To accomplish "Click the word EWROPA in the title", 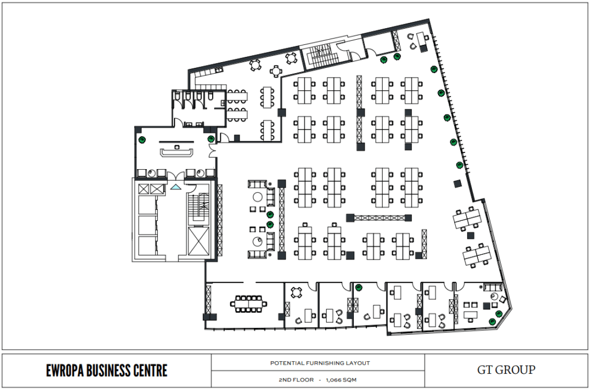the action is (65, 370).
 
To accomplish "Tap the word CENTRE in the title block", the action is (150, 370).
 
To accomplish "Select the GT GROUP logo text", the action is (506, 370).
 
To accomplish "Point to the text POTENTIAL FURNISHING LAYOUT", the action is (320, 363).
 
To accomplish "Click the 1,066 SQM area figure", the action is (341, 380).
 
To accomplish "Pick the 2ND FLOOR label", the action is (296, 380).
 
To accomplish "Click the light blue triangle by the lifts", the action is (175, 186).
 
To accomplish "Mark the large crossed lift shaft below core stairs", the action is (197, 240).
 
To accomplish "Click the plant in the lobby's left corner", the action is (142, 140).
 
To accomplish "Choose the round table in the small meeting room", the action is (297, 292).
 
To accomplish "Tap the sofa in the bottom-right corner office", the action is (493, 288).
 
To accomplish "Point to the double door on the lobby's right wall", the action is (213, 151).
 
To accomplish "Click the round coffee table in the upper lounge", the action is (258, 197).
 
